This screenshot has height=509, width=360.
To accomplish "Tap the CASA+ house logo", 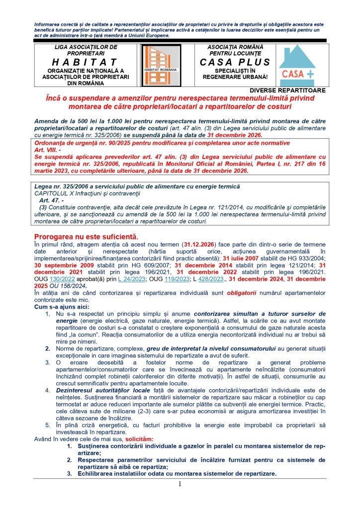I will coord(296,65).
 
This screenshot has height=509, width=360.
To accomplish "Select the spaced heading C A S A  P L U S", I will coord(235,62).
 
